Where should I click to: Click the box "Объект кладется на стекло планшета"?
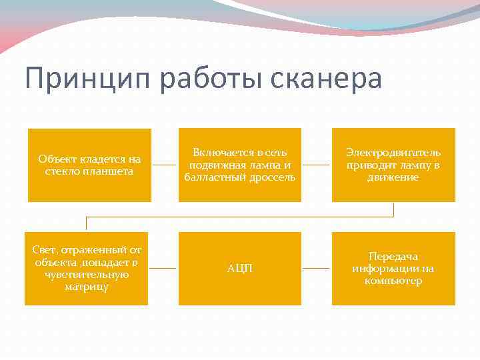(89, 165)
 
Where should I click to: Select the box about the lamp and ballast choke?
(240, 165)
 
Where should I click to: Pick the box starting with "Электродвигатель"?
(393, 165)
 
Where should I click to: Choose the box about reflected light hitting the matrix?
(87, 268)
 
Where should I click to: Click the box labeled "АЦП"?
(240, 268)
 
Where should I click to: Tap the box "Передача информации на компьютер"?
(393, 268)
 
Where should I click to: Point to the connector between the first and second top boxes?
(165, 165)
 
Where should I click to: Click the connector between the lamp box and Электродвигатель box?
(317, 165)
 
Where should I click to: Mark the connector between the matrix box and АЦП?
(163, 268)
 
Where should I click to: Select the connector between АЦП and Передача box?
(317, 268)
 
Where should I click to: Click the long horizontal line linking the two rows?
(240, 217)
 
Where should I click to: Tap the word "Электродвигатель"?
(393, 153)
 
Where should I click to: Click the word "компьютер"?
(393, 281)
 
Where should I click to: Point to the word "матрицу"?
(87, 287)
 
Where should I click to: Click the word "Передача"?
(393, 256)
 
